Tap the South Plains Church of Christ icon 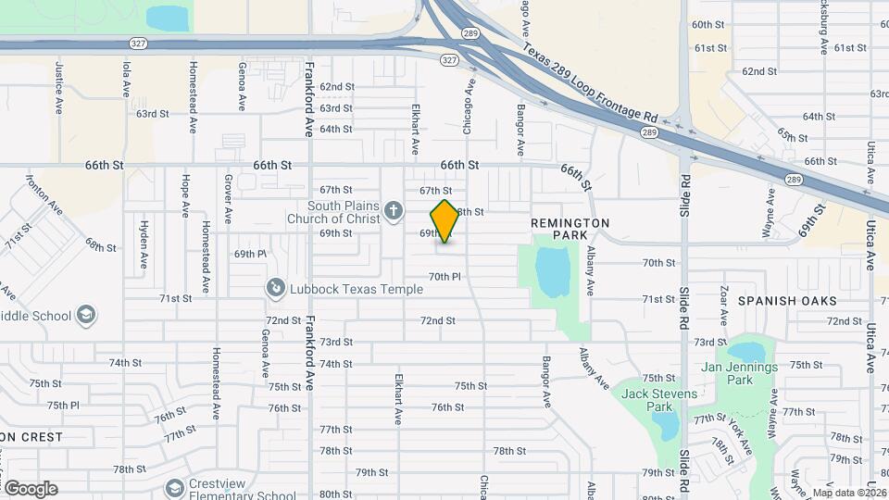[x=394, y=211]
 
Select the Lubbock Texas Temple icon [x=275, y=289]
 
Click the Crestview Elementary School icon [x=173, y=487]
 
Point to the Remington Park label [x=570, y=230]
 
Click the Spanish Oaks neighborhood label [x=787, y=301]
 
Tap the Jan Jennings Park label [x=739, y=373]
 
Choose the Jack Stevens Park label [x=646, y=399]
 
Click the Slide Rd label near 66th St [x=684, y=194]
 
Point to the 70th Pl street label [x=444, y=277]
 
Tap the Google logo [x=31, y=488]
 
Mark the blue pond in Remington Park [x=553, y=271]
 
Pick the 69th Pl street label [x=249, y=254]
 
